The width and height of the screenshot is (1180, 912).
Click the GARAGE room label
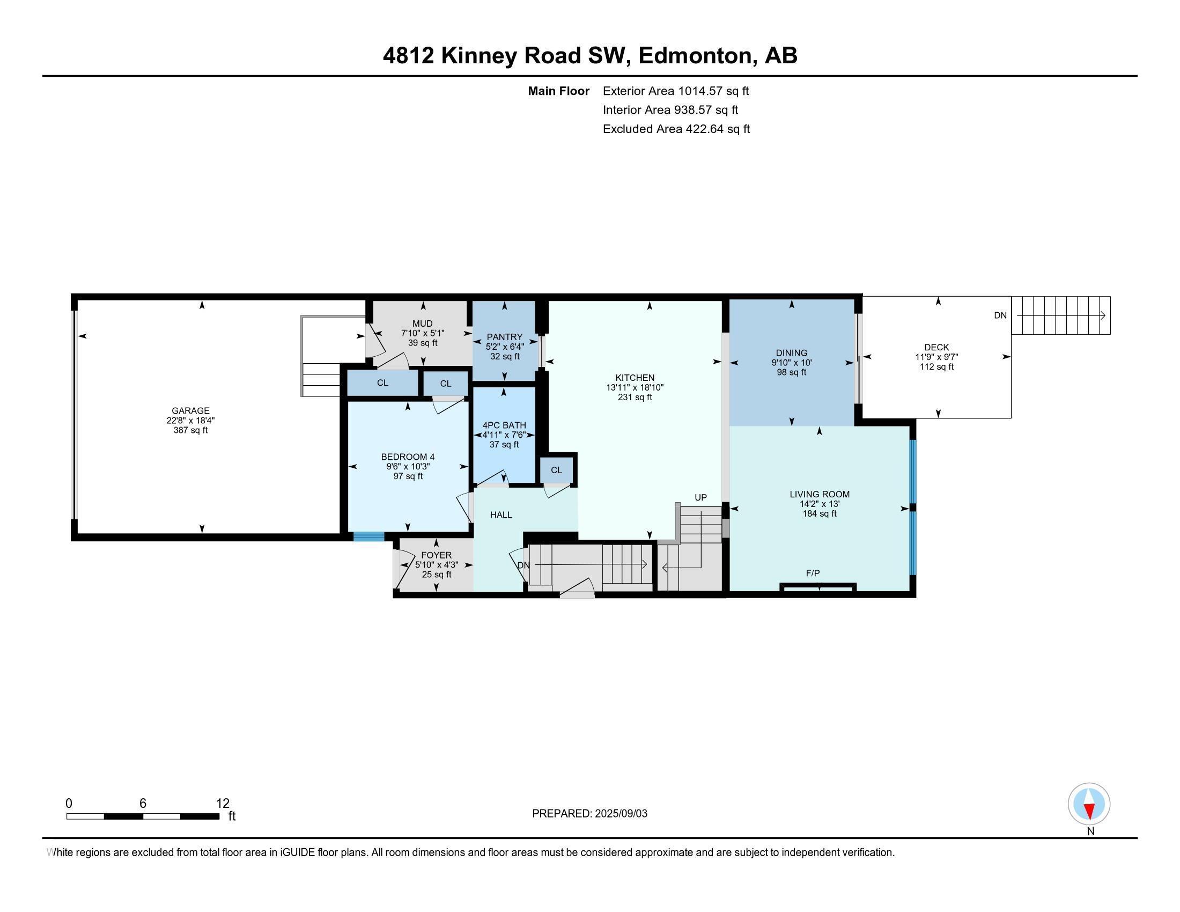[190, 410]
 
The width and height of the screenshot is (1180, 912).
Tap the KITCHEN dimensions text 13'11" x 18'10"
[635, 387]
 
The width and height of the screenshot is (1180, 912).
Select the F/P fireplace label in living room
[813, 573]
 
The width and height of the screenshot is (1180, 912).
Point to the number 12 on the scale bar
[223, 804]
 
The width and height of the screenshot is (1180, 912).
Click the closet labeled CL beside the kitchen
[557, 470]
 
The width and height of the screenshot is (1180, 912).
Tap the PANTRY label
[504, 337]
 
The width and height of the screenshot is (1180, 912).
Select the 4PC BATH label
[504, 425]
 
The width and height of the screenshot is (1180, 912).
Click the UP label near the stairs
[700, 498]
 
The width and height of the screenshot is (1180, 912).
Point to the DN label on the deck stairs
[1000, 315]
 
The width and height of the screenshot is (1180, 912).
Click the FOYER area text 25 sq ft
[436, 575]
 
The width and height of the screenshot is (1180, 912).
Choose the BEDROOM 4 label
[408, 457]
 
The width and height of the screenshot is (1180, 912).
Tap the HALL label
[501, 515]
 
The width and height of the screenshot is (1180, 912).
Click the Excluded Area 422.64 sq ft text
[676, 129]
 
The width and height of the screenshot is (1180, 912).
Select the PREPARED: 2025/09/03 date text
[589, 814]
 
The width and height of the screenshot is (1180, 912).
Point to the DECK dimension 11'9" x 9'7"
[936, 357]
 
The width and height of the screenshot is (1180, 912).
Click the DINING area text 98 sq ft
[791, 372]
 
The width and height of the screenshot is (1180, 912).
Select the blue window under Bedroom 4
[369, 536]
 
